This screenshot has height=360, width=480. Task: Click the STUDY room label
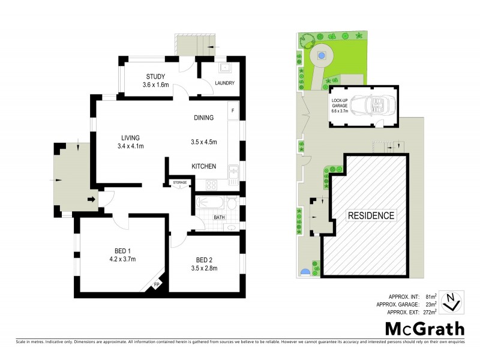pos(156,76)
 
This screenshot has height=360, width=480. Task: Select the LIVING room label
pos(130,137)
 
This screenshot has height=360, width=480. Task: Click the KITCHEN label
pos(203,166)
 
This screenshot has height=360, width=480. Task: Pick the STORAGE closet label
pos(180,182)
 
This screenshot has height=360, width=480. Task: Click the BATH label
pos(218,217)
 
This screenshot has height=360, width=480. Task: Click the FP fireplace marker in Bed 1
pos(157,284)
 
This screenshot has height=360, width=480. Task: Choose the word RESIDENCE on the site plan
pos(371,215)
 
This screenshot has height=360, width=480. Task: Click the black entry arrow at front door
pos(92,200)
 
